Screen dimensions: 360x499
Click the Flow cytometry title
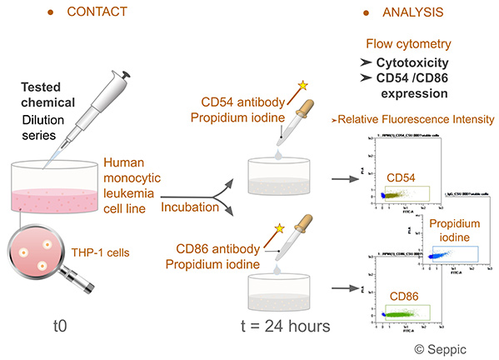pyautogui.click(x=410, y=42)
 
